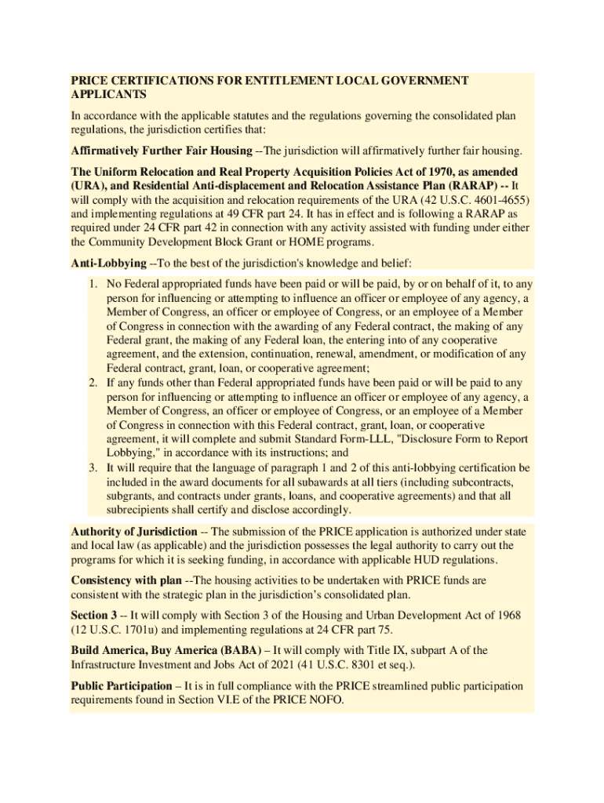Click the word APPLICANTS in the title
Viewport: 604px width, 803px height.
pyautogui.click(x=109, y=95)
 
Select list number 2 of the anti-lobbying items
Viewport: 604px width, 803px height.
pyautogui.click(x=92, y=383)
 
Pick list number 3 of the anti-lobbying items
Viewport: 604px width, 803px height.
pyautogui.click(x=92, y=467)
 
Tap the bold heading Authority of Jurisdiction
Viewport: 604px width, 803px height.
pyautogui.click(x=134, y=532)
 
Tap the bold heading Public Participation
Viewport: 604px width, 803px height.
pyautogui.click(x=121, y=686)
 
